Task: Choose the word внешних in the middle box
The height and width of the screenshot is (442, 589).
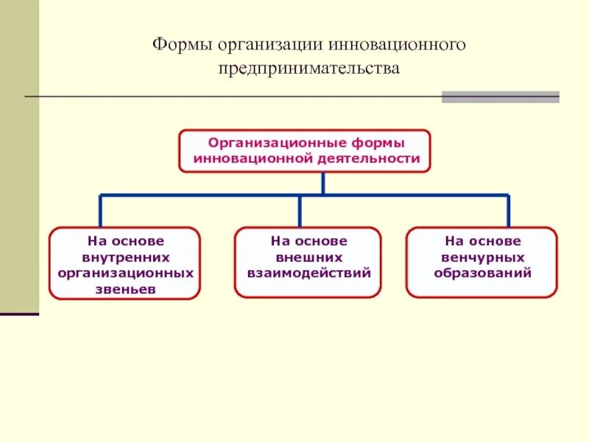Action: pos(308,257)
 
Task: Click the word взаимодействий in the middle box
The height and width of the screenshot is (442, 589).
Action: pos(308,273)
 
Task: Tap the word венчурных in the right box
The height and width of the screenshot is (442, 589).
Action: pos(482,257)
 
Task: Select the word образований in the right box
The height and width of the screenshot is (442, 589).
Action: pos(482,273)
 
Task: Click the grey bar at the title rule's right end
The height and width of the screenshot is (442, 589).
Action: pos(500,97)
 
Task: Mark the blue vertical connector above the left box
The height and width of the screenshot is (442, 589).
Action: pos(100,211)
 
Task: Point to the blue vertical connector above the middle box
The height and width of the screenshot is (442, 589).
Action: pos(299,211)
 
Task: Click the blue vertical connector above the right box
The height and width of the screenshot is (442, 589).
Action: pos(507,211)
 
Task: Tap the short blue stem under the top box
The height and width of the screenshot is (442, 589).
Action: pos(322,183)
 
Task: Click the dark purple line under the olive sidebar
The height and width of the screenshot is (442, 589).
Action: pos(19,315)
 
